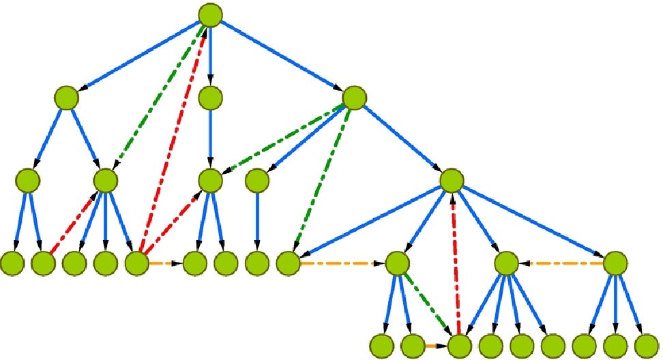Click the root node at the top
pos(211,14)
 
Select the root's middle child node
pos(211,98)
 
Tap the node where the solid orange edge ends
pos(460,345)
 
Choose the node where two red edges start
pos(137,263)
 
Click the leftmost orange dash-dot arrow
pos(164,263)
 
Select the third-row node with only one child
pos(256,181)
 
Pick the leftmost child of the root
pos(67,97)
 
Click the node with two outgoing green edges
pos(355,98)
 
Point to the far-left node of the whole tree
pos(13,262)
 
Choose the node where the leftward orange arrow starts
pos(615,262)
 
